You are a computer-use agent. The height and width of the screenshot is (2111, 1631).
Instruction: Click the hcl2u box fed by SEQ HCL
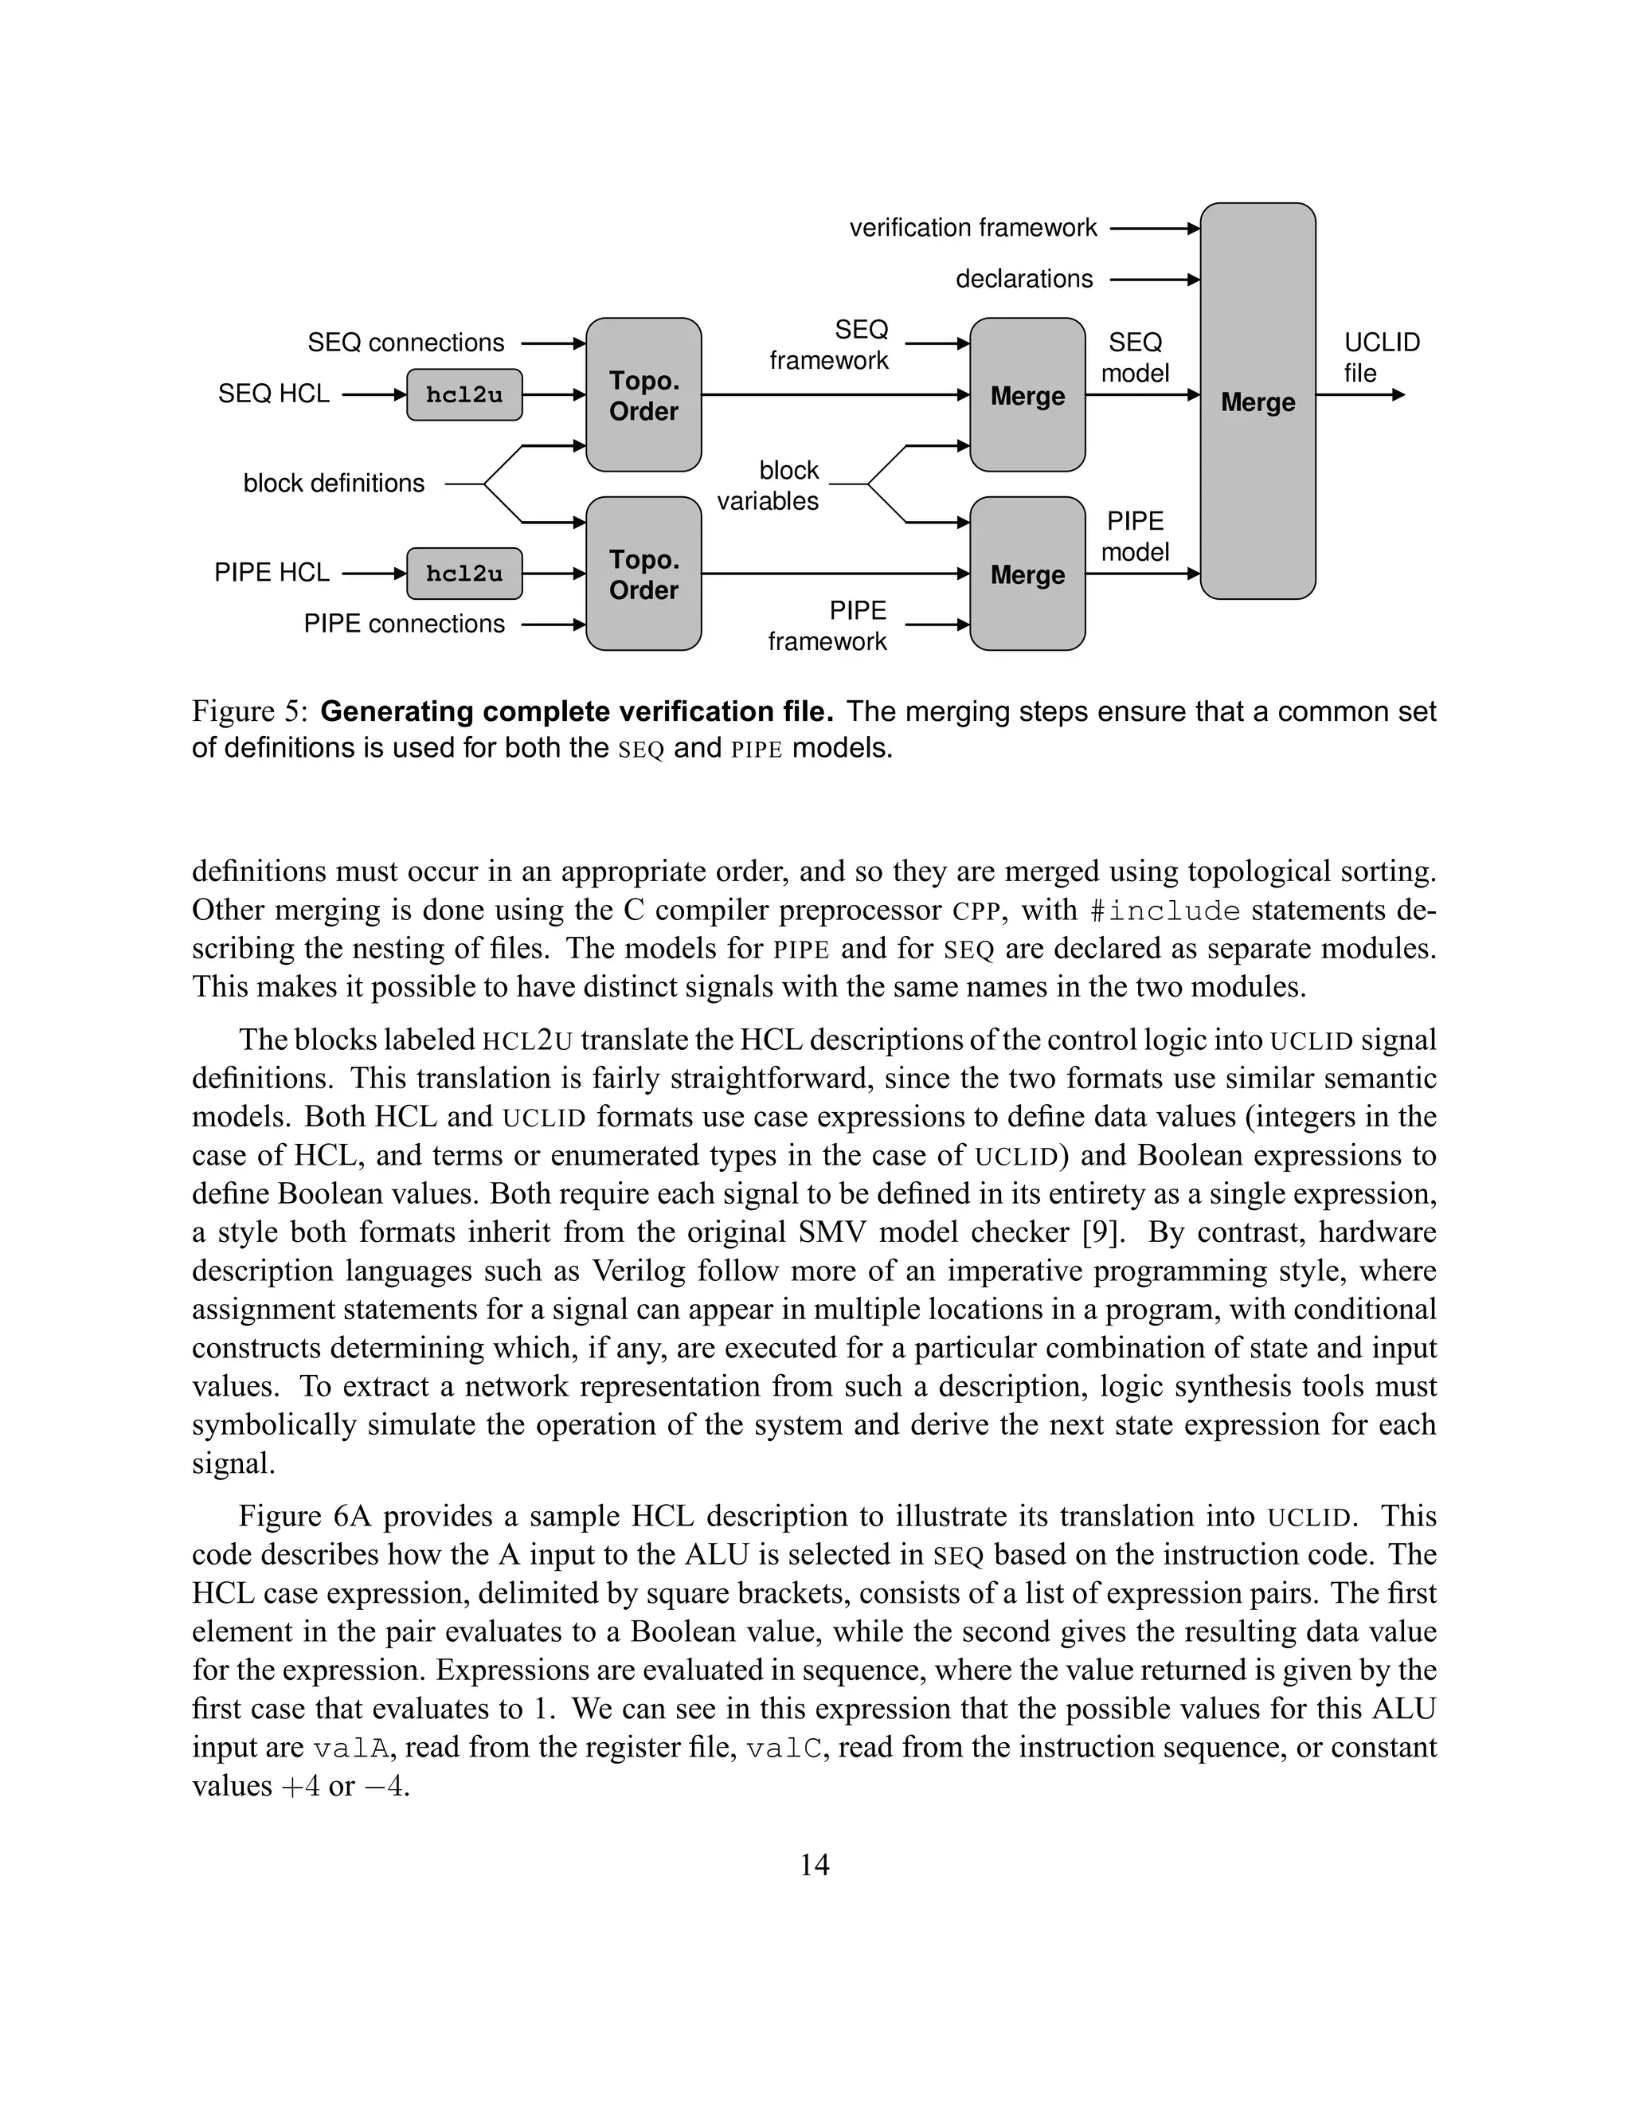(463, 394)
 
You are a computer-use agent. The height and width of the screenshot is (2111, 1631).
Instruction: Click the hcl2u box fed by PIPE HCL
(463, 574)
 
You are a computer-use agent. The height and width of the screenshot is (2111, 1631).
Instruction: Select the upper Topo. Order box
(643, 394)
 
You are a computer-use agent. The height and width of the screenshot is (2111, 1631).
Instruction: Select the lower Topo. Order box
(643, 574)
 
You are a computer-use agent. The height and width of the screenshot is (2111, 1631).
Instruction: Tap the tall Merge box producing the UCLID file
(1257, 401)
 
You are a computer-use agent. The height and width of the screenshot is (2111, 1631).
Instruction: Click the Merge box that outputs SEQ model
(1027, 394)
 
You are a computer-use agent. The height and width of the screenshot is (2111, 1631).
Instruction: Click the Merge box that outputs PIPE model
(1027, 574)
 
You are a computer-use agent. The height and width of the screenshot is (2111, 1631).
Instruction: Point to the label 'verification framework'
(973, 228)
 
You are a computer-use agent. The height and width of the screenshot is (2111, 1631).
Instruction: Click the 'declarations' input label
(1024, 280)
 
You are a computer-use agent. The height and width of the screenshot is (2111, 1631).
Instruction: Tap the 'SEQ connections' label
(406, 343)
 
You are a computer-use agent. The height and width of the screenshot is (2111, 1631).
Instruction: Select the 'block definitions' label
(334, 484)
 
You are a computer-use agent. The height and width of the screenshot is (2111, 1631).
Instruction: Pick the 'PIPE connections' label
(404, 625)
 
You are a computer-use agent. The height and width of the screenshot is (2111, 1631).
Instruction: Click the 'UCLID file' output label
(1381, 358)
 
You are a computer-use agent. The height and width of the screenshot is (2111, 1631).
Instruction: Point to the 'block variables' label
(769, 485)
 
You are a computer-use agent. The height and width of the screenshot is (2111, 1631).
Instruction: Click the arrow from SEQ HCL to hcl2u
(374, 394)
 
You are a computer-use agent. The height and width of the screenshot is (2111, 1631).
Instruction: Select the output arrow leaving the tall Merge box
(1360, 394)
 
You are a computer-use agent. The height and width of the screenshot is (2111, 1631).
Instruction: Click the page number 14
(815, 1865)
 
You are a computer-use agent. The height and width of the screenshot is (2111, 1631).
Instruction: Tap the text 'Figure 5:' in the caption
(249, 711)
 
